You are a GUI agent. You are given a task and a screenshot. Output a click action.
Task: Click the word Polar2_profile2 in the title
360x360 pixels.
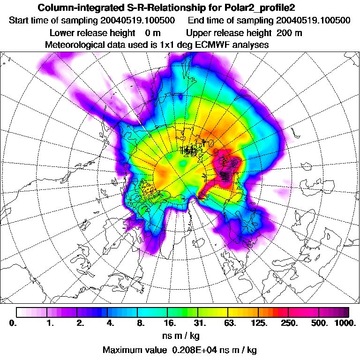261,8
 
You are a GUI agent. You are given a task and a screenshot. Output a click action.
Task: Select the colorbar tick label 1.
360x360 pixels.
50,323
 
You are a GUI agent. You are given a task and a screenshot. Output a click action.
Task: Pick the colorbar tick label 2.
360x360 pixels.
80,323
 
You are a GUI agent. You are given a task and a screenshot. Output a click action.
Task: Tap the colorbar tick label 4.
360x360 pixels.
110,323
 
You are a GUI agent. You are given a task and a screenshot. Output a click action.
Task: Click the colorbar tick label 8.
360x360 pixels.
140,323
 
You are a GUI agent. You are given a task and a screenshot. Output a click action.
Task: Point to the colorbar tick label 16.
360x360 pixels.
170,323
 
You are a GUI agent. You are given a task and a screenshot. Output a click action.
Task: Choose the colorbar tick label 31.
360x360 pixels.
200,323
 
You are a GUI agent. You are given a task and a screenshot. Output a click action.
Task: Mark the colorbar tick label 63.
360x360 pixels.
230,323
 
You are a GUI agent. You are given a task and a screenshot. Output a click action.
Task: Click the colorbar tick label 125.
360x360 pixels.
260,323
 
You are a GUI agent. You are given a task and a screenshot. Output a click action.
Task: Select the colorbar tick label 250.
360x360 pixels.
290,323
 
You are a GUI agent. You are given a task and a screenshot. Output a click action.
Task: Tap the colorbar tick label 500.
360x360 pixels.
320,323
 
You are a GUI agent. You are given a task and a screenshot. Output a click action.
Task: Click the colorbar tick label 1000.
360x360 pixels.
345,323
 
